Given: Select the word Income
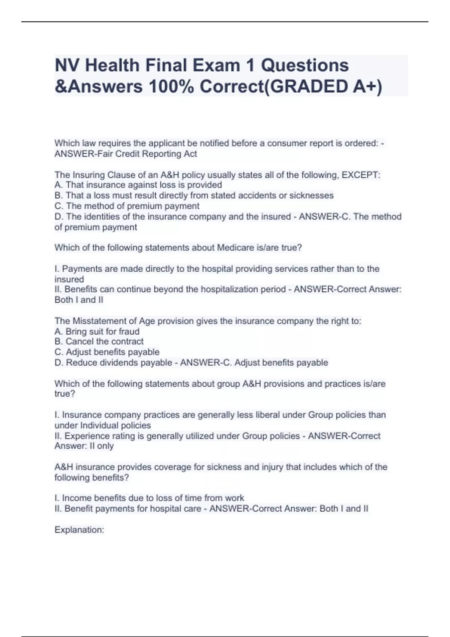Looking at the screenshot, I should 77,498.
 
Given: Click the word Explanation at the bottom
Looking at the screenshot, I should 79,530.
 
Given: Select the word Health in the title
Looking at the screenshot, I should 112,65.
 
